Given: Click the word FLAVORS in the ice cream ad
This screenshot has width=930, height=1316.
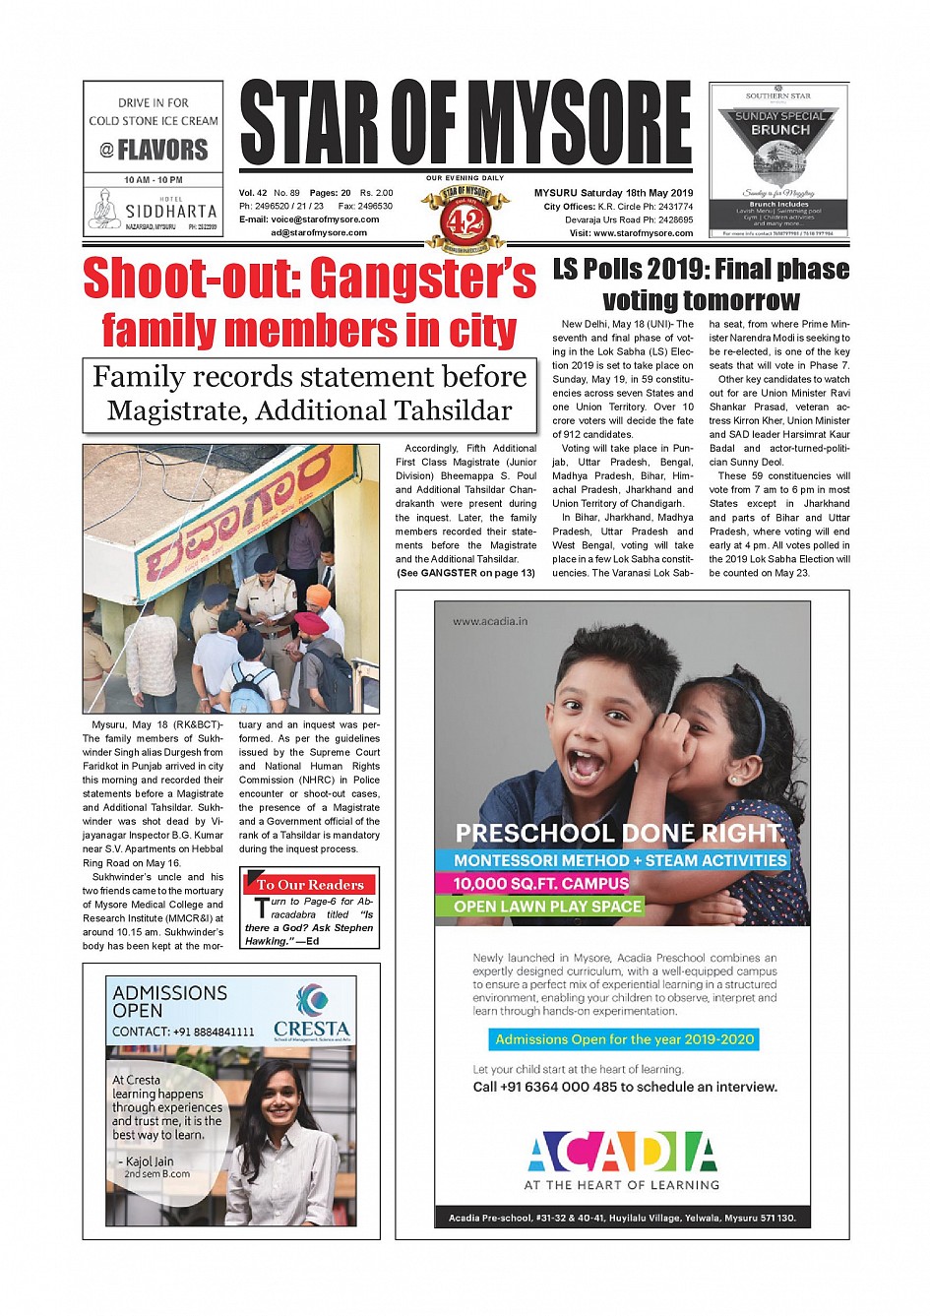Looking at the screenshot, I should [162, 150].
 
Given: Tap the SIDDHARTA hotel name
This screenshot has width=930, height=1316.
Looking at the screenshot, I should [170, 211].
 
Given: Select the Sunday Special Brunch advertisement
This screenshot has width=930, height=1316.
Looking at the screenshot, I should [778, 159].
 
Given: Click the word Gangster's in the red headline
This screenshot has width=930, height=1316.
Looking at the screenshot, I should [424, 278].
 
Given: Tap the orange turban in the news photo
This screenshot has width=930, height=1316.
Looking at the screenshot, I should [318, 595].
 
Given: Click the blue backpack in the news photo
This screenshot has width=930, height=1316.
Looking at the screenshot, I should [250, 688].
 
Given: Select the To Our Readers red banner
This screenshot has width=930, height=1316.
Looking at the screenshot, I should [310, 884].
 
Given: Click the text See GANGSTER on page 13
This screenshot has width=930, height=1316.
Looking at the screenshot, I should [465, 573].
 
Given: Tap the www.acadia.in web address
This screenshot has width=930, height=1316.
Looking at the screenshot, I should [490, 621].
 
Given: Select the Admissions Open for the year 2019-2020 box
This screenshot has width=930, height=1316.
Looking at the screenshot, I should [624, 1039].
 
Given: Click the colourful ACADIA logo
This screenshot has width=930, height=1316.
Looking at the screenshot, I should [622, 1152].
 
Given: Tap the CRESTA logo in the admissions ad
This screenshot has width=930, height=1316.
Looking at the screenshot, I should [311, 1013].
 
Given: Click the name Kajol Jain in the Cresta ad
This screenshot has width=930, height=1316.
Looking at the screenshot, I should [150, 1161].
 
